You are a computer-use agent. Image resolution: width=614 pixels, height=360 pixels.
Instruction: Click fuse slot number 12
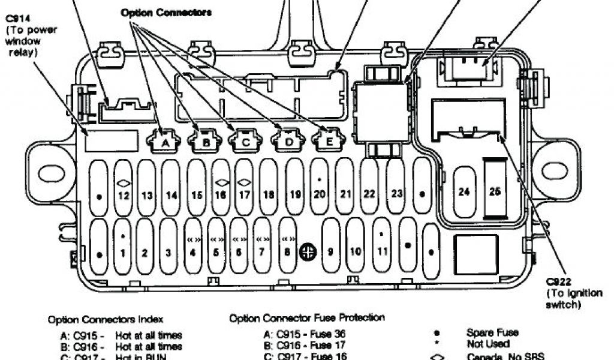123,187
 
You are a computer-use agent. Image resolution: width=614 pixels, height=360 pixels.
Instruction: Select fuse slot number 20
319,187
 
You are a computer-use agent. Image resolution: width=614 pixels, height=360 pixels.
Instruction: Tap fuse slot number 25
495,191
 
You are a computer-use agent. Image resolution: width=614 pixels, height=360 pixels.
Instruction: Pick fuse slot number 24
464,191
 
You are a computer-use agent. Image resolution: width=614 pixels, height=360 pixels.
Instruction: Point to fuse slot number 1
122,246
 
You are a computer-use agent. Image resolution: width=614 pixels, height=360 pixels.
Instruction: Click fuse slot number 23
396,187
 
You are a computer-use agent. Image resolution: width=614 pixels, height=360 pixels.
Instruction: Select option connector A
163,142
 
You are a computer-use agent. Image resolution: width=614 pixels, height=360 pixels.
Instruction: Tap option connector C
245,142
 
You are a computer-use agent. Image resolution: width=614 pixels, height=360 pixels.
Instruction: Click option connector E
328,141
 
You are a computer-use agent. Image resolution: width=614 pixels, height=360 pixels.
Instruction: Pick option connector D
288,142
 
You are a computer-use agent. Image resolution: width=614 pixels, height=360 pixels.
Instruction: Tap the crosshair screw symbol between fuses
308,252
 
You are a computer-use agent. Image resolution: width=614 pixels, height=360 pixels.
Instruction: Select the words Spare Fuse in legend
492,332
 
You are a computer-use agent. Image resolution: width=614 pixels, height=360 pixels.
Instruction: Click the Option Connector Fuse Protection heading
307,317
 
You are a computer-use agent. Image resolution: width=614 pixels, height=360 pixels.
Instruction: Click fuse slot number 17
244,187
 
